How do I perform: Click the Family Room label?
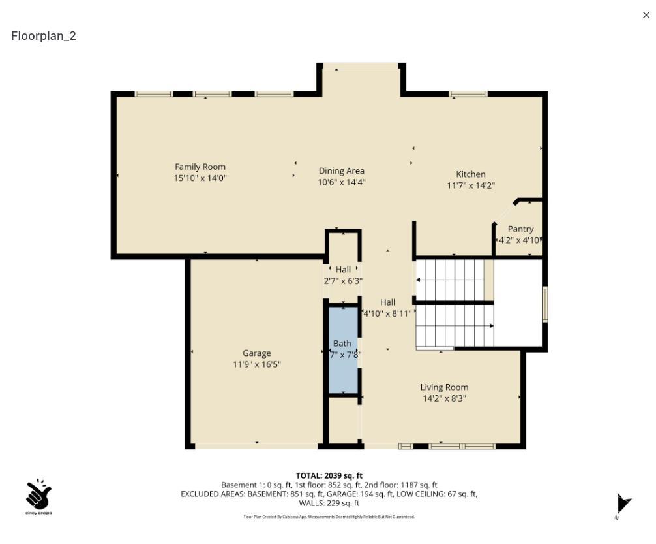coord(200,167)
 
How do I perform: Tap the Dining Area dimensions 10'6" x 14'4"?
coord(341,182)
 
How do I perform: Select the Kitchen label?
coord(470,174)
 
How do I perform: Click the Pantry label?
coord(520,229)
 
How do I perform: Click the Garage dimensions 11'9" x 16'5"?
coord(256,364)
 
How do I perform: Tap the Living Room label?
coord(443,387)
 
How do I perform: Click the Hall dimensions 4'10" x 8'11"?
coord(387,313)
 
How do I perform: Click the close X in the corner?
coord(646,15)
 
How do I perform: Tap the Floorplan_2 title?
coord(44,36)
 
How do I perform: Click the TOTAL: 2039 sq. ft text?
coord(329,475)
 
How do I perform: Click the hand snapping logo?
coord(38,496)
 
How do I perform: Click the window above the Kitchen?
coord(468,94)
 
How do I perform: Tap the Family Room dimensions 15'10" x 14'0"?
coord(200,178)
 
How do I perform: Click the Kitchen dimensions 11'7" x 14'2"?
coord(470,185)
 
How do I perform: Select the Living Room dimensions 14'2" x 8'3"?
coord(443,398)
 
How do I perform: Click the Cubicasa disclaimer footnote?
coord(329,517)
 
